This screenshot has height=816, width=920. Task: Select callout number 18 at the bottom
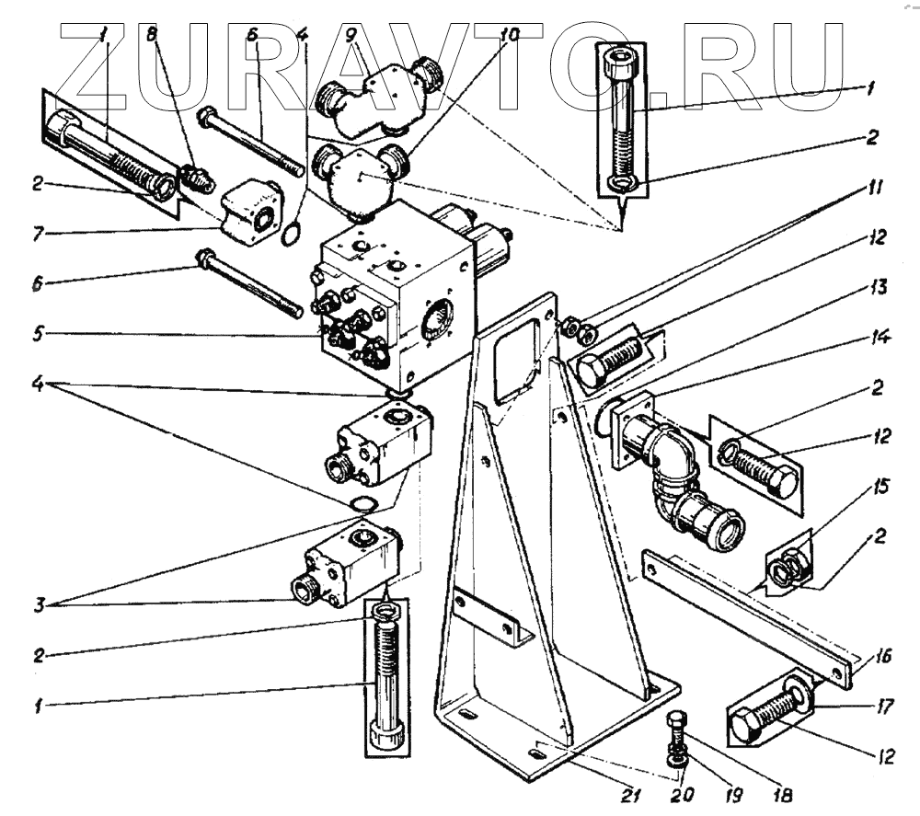coord(785,793)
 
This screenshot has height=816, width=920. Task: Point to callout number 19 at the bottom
coord(733,793)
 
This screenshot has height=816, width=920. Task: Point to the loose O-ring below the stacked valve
coord(364,503)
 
